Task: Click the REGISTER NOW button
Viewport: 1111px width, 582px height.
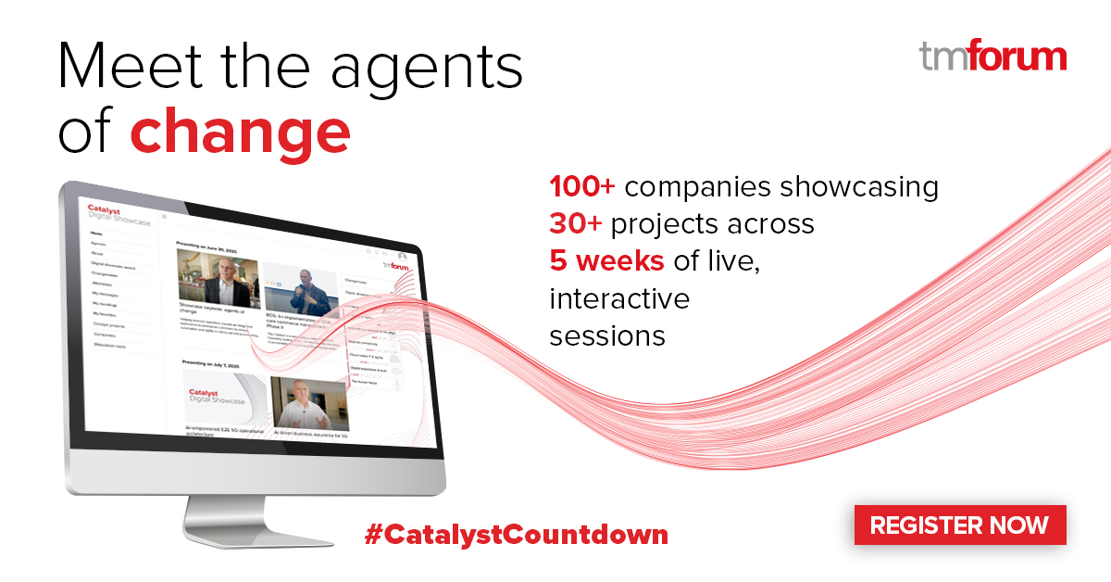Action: (x=959, y=525)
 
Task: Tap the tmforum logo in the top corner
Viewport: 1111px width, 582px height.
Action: (x=992, y=57)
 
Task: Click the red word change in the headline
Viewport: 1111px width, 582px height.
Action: (x=240, y=132)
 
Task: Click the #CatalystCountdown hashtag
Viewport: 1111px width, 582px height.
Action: (x=516, y=535)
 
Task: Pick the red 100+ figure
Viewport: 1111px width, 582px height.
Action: (x=582, y=187)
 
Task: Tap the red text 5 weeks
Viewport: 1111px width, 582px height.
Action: (x=606, y=261)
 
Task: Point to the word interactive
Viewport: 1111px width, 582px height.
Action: (x=619, y=298)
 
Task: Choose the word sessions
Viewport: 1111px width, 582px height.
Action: (x=607, y=335)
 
